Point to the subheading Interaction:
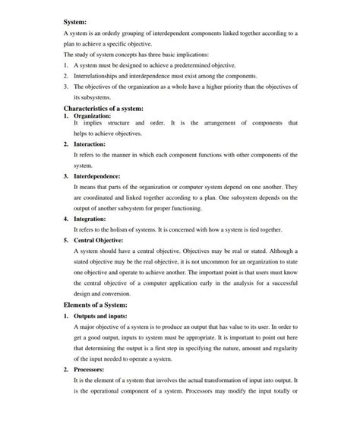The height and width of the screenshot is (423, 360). pyautogui.click(x=90, y=143)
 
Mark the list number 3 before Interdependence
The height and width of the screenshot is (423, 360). pyautogui.click(x=66, y=175)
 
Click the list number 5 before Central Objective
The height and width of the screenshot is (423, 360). pyautogui.click(x=66, y=239)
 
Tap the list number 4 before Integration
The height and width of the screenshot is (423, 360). pyautogui.click(x=66, y=218)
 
